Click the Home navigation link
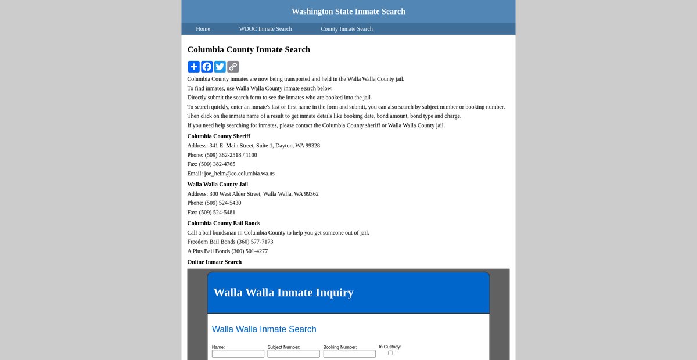203,29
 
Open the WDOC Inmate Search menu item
265,29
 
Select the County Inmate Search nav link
347,29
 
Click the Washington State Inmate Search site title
348,12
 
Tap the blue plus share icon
194,67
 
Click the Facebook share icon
207,67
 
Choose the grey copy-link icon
233,67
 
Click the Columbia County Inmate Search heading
249,50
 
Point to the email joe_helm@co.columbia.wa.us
239,174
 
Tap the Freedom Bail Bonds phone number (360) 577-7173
252,242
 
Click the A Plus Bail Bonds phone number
250,251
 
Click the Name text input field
238,354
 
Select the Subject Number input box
293,354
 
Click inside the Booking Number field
349,354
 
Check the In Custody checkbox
390,353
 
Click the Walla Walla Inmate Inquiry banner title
283,293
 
